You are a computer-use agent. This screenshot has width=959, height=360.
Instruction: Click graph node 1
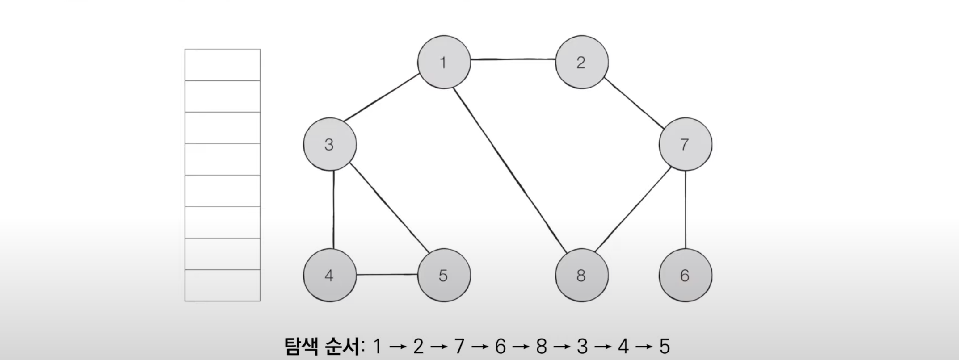pos(444,62)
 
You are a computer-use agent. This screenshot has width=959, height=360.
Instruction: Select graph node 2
pos(581,62)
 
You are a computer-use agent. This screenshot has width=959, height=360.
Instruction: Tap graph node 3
pos(330,144)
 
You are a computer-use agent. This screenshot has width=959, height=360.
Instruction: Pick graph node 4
pos(330,275)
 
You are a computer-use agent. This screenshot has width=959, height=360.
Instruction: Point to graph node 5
pos(444,275)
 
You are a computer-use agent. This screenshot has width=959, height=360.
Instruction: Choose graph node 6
pos(685,275)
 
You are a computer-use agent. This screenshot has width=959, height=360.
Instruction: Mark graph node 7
pos(685,144)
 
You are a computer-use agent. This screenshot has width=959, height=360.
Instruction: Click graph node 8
pos(581,275)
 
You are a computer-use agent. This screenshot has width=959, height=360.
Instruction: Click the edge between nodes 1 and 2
pos(513,59)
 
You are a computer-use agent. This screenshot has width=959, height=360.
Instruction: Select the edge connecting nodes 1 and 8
pos(507,169)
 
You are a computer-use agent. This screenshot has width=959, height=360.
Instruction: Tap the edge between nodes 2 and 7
pos(633,103)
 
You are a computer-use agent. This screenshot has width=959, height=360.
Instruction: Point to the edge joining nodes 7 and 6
pos(685,210)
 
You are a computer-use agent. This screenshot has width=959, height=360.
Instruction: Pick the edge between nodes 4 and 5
pos(387,275)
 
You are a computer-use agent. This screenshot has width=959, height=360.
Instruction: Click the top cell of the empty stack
pos(223,65)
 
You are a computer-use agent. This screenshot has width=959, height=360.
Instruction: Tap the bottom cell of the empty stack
pos(223,285)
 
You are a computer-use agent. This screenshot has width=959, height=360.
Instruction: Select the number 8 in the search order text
pos(541,347)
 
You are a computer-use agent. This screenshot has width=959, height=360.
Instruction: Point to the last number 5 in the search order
pos(665,347)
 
